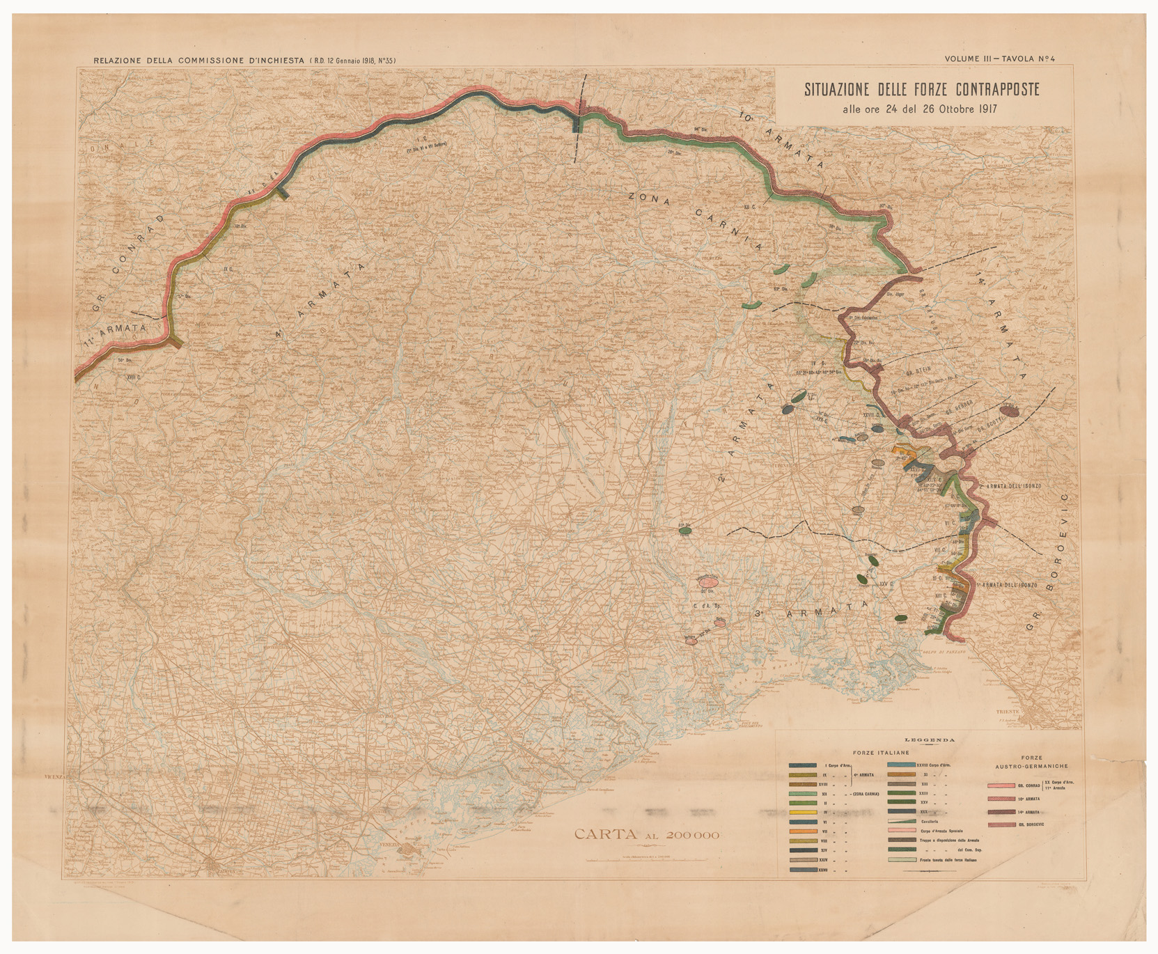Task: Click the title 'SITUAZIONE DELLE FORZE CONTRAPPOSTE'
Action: pyautogui.click(x=921, y=90)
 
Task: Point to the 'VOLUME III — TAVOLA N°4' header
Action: pyautogui.click(x=1000, y=59)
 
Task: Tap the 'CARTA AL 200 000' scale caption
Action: pyautogui.click(x=646, y=835)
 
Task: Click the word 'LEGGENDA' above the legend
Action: pyautogui.click(x=930, y=740)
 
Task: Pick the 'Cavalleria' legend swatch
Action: pyautogui.click(x=902, y=821)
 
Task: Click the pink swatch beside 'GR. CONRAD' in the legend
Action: pyautogui.click(x=1001, y=785)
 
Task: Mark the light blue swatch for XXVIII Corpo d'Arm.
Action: pyautogui.click(x=902, y=765)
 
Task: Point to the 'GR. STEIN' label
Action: pyautogui.click(x=918, y=371)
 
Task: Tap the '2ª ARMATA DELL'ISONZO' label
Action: pyautogui.click(x=1010, y=485)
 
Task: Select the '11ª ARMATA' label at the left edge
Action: pyautogui.click(x=114, y=334)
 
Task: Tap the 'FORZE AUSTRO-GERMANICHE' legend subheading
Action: pyautogui.click(x=1032, y=762)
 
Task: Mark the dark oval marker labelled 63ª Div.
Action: pyautogui.click(x=685, y=531)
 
